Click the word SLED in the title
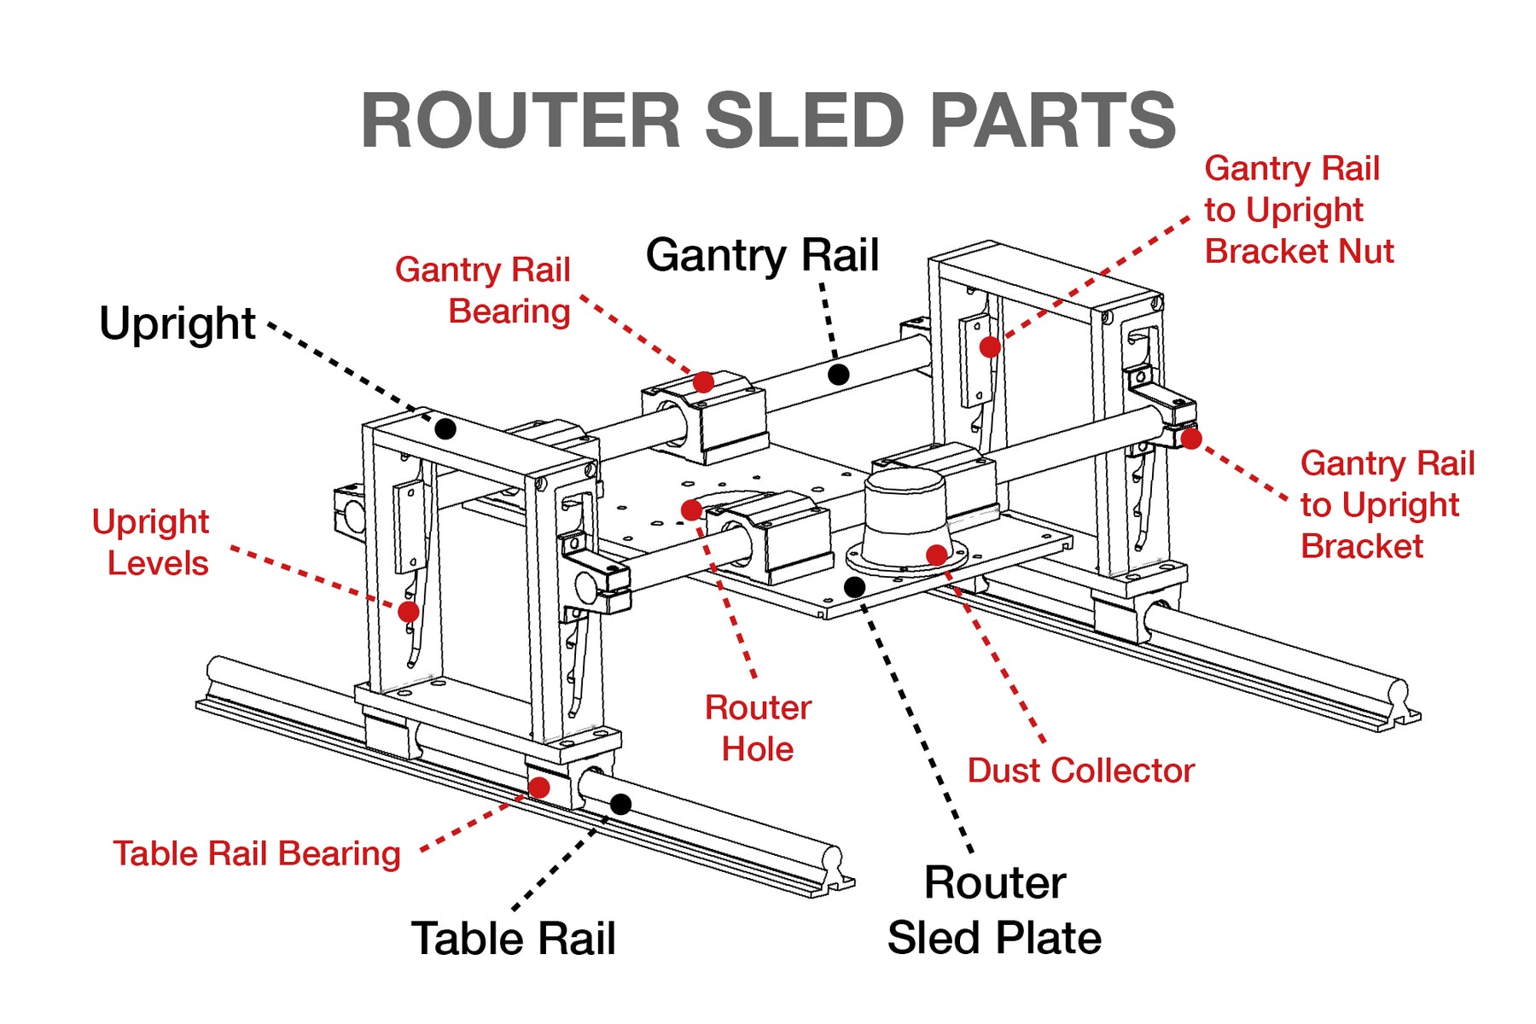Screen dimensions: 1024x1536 coord(804,120)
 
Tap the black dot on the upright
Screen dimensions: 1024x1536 coord(445,428)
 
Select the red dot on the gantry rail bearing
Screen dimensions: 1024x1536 coord(703,381)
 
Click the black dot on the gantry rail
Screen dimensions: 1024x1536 coord(839,374)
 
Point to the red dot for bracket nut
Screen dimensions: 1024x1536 coord(990,347)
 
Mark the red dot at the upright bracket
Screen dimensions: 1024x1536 coord(1191,439)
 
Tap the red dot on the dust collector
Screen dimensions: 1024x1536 coord(936,555)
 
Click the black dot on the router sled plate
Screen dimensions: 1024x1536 coord(854,587)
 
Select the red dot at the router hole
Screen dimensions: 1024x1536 coord(691,510)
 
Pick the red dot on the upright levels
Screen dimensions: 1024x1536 coord(409,611)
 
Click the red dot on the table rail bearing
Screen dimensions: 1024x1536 coord(538,787)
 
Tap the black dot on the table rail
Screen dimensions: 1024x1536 coord(621,804)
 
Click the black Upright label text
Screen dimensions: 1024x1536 coord(177,324)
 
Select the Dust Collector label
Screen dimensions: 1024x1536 coord(1080,771)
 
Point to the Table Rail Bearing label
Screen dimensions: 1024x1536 coord(257,853)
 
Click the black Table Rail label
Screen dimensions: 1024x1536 coord(513,939)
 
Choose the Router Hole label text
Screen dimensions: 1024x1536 coord(757,728)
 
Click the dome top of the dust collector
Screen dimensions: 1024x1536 coord(905,485)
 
